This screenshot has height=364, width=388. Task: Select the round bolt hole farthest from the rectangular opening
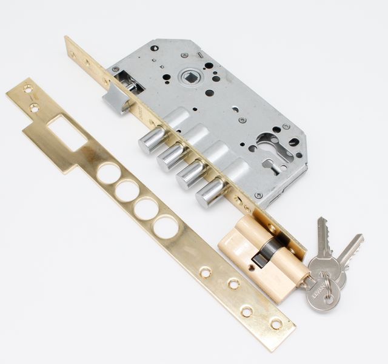[166, 227]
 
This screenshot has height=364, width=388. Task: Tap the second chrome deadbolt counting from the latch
[171, 157]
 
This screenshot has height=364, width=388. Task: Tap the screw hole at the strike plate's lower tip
[276, 324]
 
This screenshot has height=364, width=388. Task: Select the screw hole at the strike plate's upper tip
[28, 89]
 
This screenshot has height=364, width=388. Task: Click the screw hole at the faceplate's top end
[73, 53]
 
